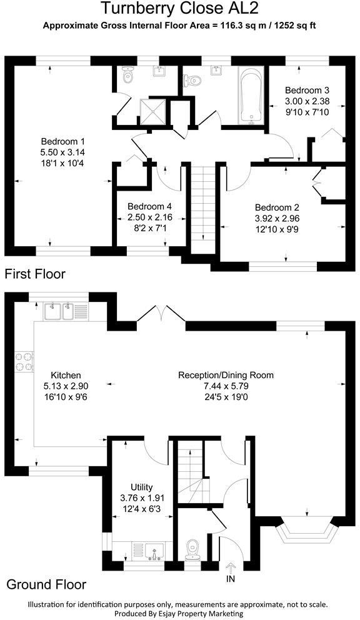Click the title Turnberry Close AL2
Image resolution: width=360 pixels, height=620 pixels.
(179, 9)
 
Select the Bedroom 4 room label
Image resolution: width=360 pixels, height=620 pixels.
(149, 207)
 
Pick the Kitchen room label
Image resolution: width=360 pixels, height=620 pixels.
(67, 376)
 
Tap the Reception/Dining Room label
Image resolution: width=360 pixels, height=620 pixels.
(226, 376)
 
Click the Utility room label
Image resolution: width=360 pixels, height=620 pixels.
(142, 487)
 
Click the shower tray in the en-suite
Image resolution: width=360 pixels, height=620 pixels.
(153, 110)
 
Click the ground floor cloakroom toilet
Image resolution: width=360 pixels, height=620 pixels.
(192, 549)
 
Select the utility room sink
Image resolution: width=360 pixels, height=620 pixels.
(152, 550)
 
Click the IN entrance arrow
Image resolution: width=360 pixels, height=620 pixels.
(230, 567)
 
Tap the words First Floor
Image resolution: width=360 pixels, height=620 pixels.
(36, 274)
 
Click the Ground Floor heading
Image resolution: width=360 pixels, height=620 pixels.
(46, 585)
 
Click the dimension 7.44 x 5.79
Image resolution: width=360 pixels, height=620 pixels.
(226, 386)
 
